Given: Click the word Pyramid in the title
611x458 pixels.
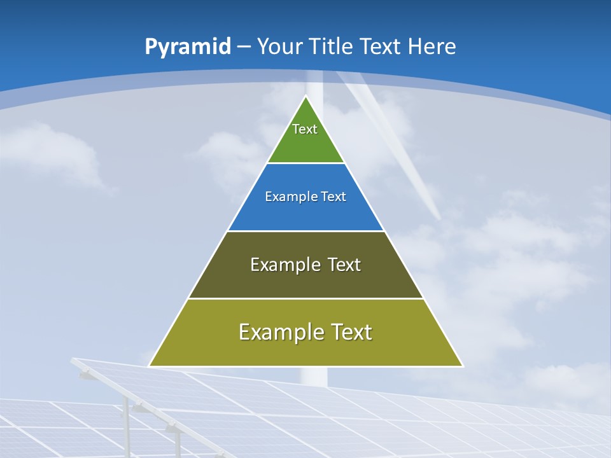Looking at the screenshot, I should pos(188,47).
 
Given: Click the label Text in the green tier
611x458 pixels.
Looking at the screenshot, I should pos(305,129).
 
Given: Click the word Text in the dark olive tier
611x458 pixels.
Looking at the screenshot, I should pos(344,265).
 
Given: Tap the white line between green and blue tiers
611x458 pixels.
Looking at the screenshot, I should pos(305,163).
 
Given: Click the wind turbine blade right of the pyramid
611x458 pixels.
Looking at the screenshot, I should pos(407,165).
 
